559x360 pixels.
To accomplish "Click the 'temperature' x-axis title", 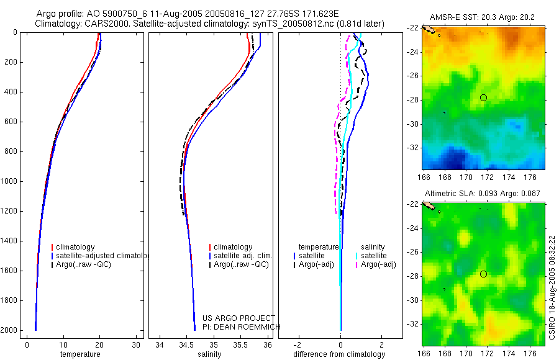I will pos(80,354).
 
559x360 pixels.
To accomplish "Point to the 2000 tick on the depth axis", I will pos(11,330).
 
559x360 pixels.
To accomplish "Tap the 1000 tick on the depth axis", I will pos(11,181).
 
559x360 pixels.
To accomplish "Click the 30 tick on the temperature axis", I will pos(136,344).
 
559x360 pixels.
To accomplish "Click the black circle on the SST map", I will pos(483,97).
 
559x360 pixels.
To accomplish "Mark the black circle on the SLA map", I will pos(483,274).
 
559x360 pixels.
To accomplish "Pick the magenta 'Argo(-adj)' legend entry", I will pos(378,264).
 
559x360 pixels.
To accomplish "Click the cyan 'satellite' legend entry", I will pos(373,256).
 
